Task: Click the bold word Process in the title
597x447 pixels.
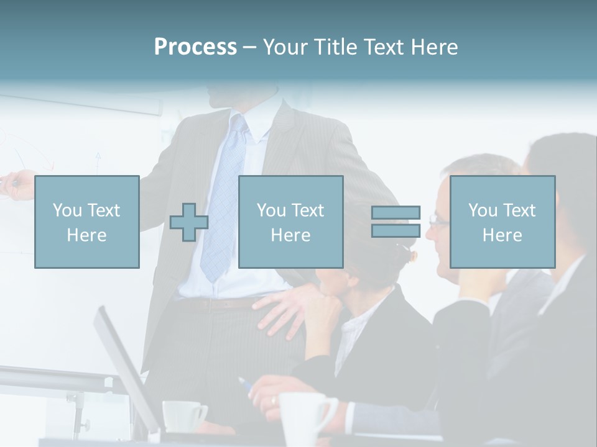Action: [x=195, y=47]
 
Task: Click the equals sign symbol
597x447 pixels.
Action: [x=396, y=222]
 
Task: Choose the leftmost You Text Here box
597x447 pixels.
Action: [x=87, y=222]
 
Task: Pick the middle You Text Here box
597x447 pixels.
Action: [x=290, y=222]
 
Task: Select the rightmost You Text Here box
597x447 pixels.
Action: [x=502, y=222]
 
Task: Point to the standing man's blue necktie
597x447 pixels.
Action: [x=224, y=192]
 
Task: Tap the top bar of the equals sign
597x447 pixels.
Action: [x=396, y=213]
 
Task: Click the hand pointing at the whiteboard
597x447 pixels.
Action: [x=16, y=183]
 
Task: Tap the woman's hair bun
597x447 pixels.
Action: [x=405, y=253]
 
